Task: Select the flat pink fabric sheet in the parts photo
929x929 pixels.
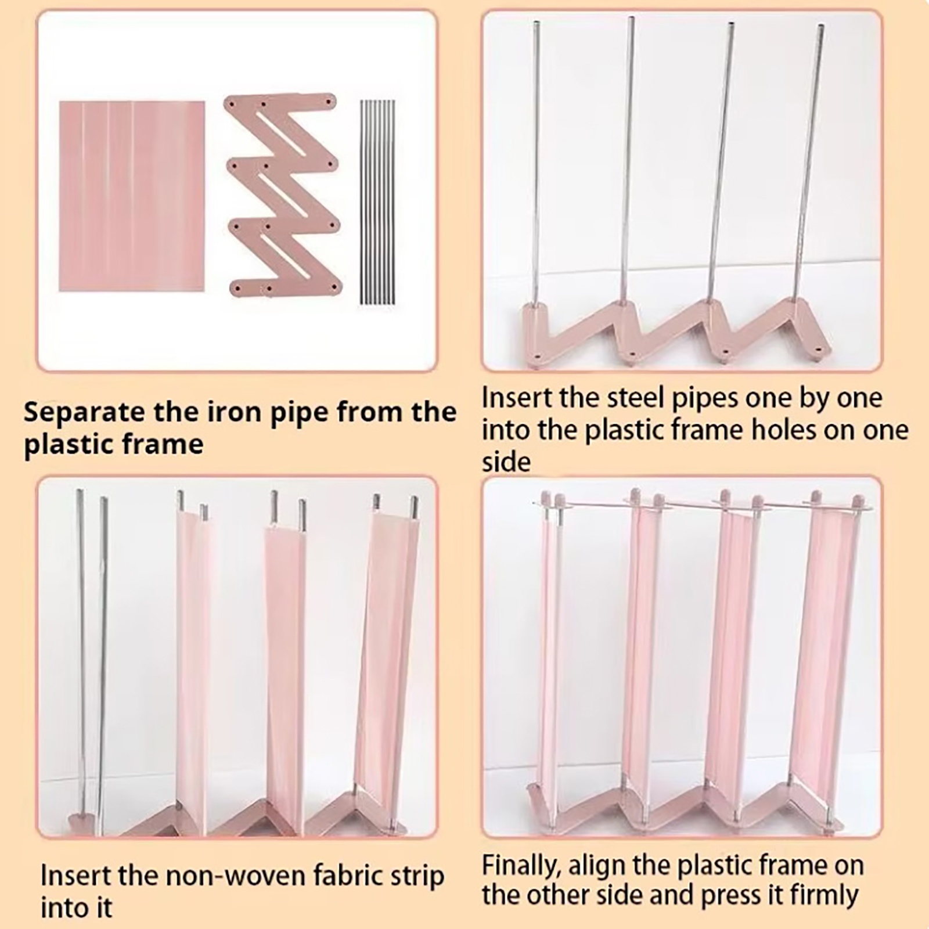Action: tap(132, 196)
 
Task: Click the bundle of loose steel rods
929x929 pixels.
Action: tap(377, 202)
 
